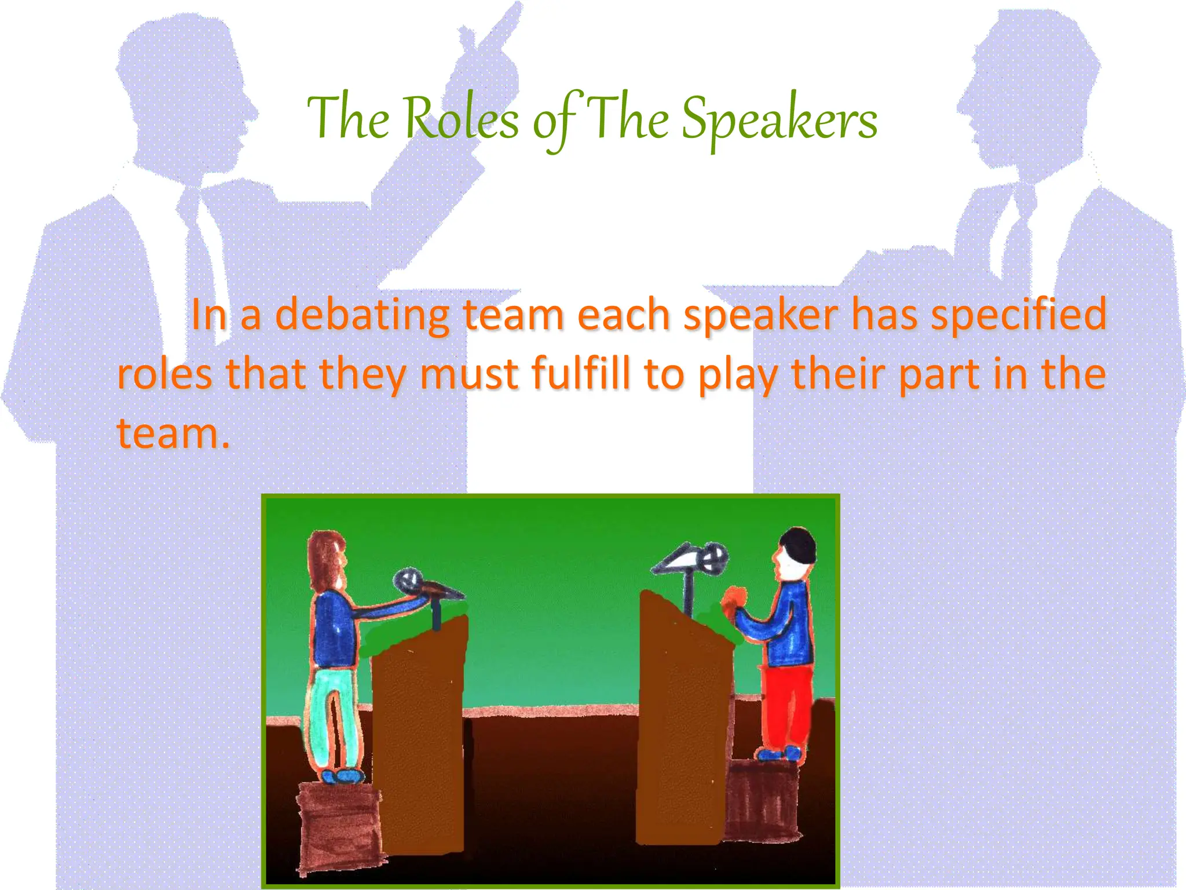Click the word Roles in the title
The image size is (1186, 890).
461,119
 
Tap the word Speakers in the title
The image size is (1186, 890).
779,119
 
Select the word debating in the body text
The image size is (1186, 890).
361,315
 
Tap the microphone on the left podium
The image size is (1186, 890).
408,579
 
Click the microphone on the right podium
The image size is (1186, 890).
712,557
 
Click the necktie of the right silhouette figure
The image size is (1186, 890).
1017,232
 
